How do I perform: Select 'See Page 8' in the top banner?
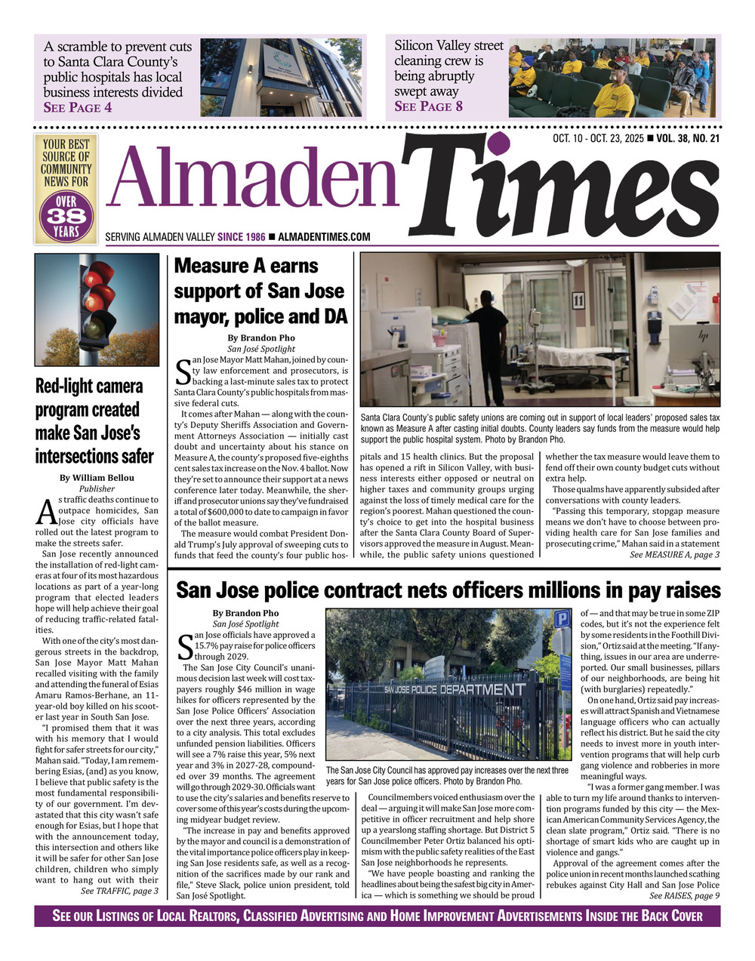click(x=428, y=106)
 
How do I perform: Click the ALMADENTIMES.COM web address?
click(x=324, y=237)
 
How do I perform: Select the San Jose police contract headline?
click(x=448, y=590)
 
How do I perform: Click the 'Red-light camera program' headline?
click(x=89, y=420)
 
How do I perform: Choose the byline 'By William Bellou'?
click(x=97, y=478)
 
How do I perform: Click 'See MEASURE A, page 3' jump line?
click(x=674, y=555)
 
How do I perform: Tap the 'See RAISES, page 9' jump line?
click(x=684, y=895)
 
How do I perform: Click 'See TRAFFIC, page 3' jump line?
click(x=119, y=891)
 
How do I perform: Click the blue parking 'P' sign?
click(x=562, y=620)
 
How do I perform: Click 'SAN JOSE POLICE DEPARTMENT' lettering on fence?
click(x=454, y=690)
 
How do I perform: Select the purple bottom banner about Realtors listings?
click(x=377, y=916)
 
